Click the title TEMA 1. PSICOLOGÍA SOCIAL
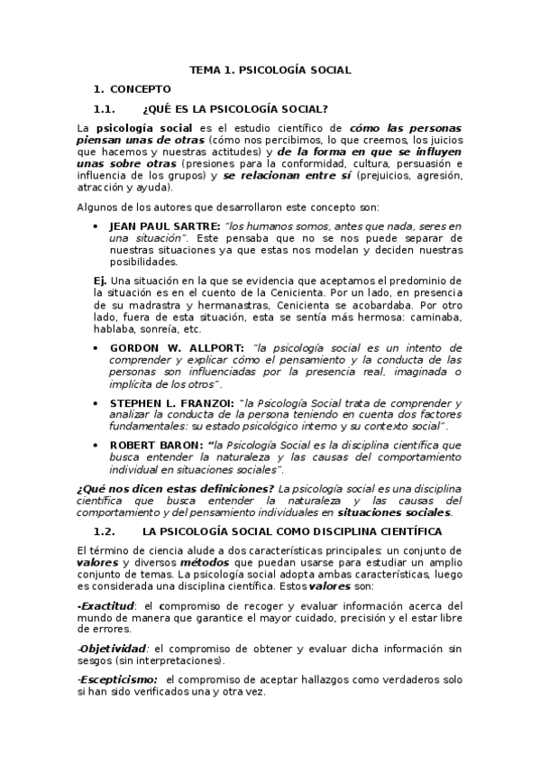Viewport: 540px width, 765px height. [x=270, y=69]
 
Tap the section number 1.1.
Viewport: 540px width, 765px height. [x=105, y=108]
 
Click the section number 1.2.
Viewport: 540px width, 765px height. [x=105, y=531]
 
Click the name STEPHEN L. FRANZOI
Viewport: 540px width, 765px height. [x=171, y=402]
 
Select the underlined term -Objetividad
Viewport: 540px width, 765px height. [x=112, y=648]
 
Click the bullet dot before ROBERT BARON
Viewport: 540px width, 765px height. [x=96, y=445]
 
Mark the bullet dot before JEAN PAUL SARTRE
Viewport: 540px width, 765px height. [x=96, y=225]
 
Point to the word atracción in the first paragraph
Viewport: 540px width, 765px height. [x=101, y=199]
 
